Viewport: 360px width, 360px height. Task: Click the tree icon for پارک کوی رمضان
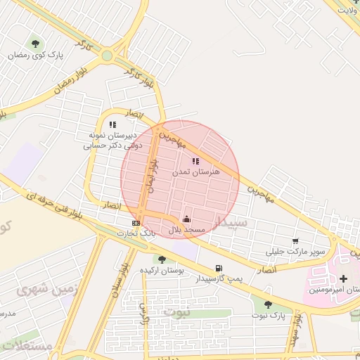34,44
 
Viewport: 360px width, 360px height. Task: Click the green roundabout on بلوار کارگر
107,56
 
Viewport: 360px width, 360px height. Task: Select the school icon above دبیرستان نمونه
112,125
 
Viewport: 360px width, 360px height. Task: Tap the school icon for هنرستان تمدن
195,161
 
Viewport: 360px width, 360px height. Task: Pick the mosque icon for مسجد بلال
186,219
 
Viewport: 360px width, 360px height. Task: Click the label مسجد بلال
186,230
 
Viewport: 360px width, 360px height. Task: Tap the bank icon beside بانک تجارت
136,223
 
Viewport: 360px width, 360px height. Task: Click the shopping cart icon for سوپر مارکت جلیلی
295,240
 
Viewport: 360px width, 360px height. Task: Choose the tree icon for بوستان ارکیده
162,259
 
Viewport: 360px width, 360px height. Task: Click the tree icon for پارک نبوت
267,304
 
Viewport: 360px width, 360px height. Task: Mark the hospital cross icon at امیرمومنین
343,279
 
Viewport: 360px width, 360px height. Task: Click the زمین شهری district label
37,289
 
